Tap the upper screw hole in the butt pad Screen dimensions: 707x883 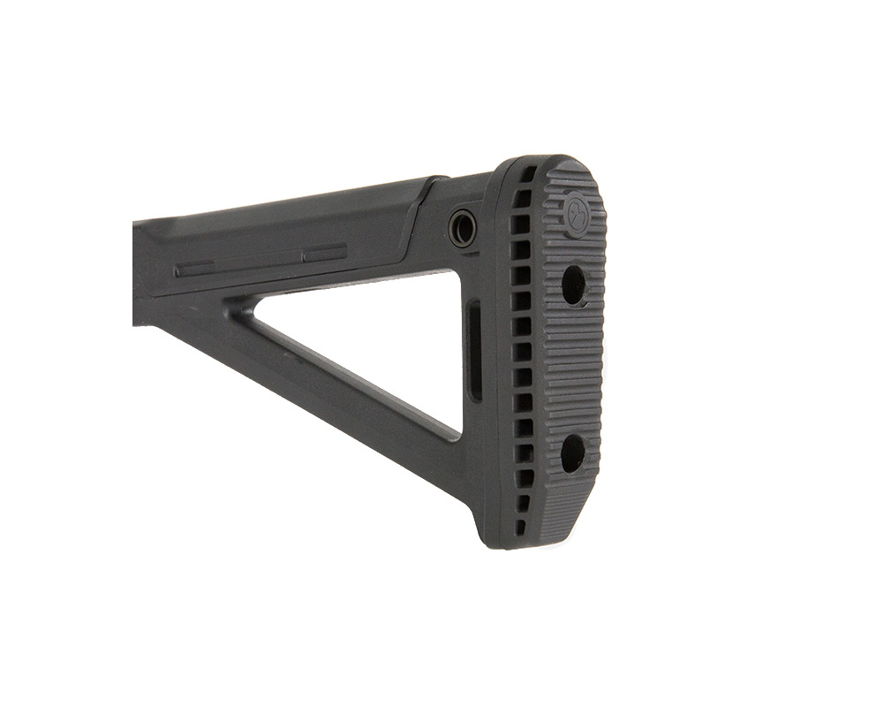coord(573,285)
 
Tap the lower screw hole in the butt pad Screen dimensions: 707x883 coord(572,452)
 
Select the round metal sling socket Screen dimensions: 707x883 coord(462,228)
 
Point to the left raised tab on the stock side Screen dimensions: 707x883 coord(194,268)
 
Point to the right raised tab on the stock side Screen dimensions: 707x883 coord(325,254)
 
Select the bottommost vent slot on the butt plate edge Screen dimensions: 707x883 coord(520,527)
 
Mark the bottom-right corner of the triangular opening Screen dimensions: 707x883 coord(457,433)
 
